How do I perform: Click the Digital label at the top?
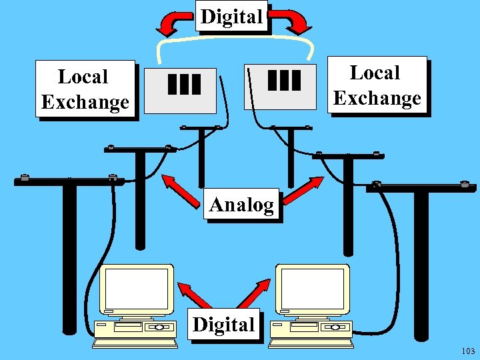pos(232,16)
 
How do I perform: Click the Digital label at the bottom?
pos(223,325)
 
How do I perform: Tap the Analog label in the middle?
pos(241,205)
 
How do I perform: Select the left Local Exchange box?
pos(85,89)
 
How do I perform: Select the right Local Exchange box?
pos(377,85)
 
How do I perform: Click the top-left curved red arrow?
pos(173,24)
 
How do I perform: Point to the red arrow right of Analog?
pos(304,189)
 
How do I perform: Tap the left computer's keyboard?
pos(135,343)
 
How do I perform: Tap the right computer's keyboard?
pos(311,343)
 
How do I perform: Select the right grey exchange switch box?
pos(281,86)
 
